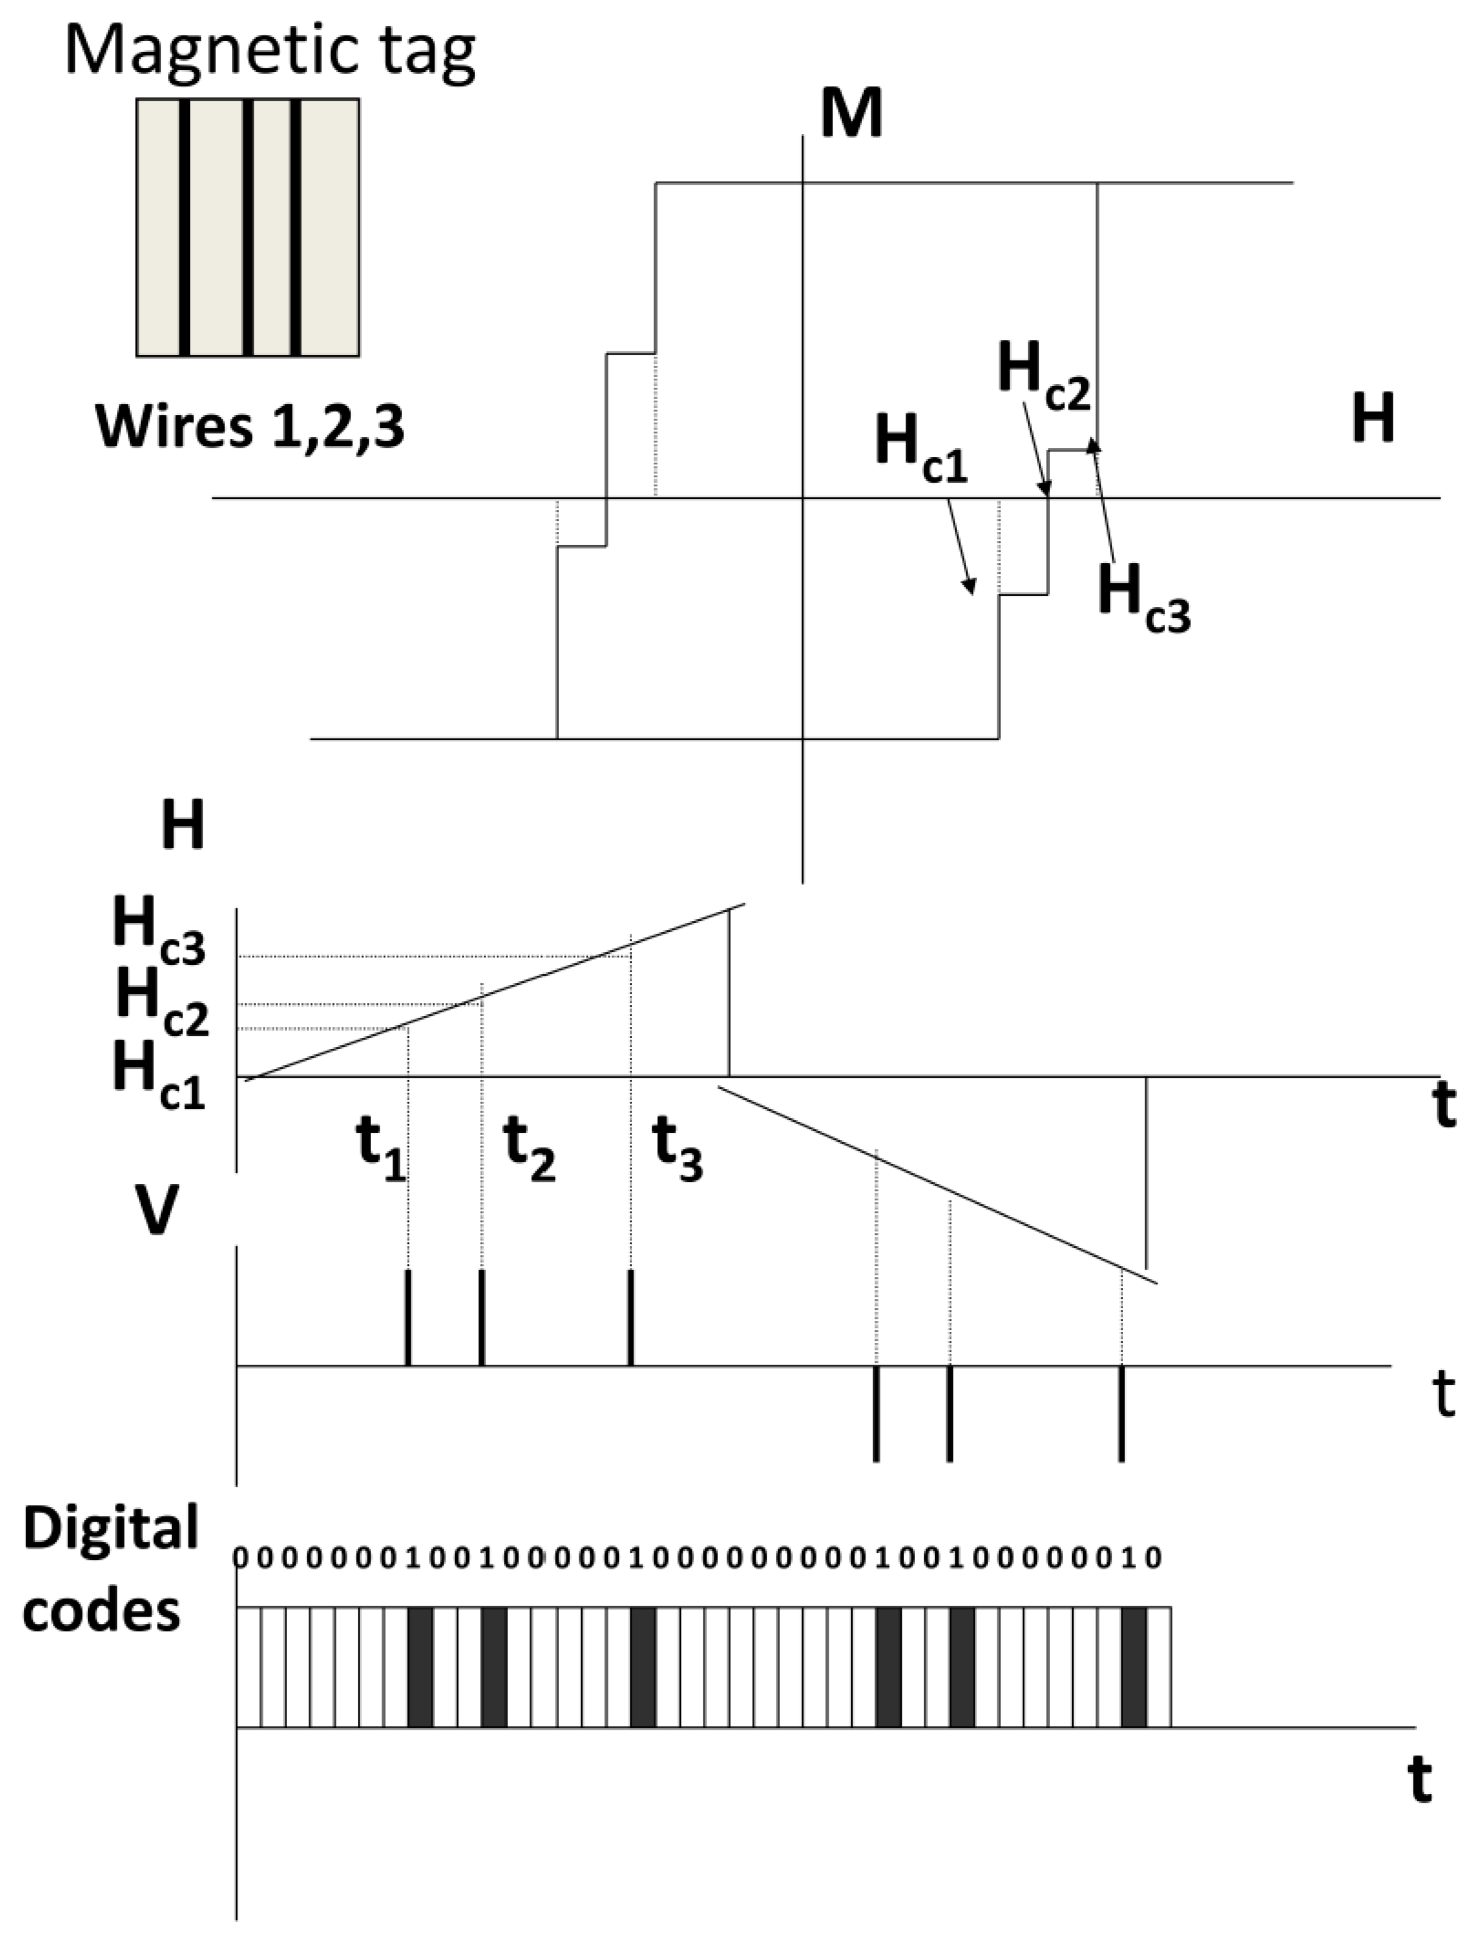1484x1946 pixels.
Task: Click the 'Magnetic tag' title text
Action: click(270, 51)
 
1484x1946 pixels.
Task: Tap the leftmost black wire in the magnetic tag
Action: click(184, 228)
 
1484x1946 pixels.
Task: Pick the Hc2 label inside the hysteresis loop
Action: click(1043, 376)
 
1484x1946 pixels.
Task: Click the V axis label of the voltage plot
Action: click(156, 1211)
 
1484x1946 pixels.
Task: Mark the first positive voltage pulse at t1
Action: click(408, 1317)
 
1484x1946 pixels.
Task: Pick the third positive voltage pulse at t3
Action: click(631, 1317)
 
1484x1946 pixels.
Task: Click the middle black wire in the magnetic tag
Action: click(248, 228)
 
